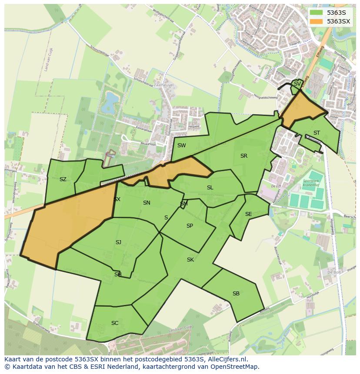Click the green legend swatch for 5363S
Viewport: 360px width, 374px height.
point(317,13)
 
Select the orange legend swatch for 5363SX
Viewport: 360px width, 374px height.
point(317,21)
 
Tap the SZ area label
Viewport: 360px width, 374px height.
point(63,179)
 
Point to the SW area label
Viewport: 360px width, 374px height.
point(181,146)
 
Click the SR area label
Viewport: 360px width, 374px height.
point(243,156)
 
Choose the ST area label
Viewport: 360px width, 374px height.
point(317,133)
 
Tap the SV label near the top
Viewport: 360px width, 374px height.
point(297,84)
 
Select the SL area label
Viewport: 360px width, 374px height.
point(210,188)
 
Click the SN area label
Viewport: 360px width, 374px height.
point(147,203)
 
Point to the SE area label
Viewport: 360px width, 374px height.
point(248,214)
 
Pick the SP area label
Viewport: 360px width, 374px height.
point(190,226)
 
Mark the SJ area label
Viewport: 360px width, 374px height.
point(118,242)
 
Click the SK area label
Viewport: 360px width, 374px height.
point(190,260)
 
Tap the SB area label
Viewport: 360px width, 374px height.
point(236,294)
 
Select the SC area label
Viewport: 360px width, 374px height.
point(115,323)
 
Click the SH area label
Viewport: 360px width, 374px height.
point(118,275)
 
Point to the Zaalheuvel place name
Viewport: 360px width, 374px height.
point(163,86)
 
